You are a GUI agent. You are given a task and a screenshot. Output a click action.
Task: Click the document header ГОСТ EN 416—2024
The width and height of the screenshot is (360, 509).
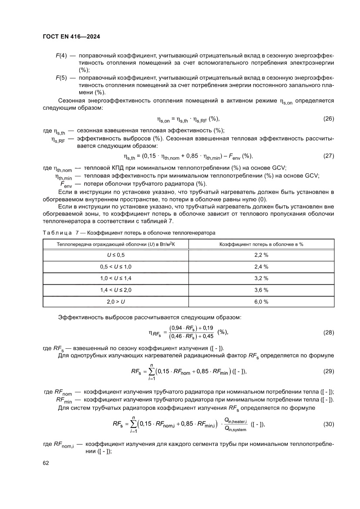(x=71, y=37)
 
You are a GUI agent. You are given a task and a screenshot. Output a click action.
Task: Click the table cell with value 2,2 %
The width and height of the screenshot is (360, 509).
(x=261, y=254)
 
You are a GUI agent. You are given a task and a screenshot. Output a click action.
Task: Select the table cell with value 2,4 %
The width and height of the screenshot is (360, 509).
(x=261, y=266)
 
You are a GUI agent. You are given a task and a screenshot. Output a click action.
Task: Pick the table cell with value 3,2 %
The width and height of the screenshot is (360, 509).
(x=261, y=278)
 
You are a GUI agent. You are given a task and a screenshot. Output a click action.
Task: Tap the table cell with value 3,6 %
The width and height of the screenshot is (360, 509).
(x=261, y=290)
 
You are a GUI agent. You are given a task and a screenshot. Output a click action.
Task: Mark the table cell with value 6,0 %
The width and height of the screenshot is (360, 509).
(x=261, y=301)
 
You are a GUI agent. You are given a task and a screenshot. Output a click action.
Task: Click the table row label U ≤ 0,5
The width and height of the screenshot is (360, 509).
(x=116, y=254)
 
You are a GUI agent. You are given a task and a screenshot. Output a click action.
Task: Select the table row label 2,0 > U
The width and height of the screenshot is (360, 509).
(x=116, y=301)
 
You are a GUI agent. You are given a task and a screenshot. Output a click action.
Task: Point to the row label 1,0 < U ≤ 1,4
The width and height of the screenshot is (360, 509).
(x=116, y=278)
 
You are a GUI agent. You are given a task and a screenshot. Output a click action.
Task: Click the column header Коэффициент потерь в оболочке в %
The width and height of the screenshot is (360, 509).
(x=261, y=244)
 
